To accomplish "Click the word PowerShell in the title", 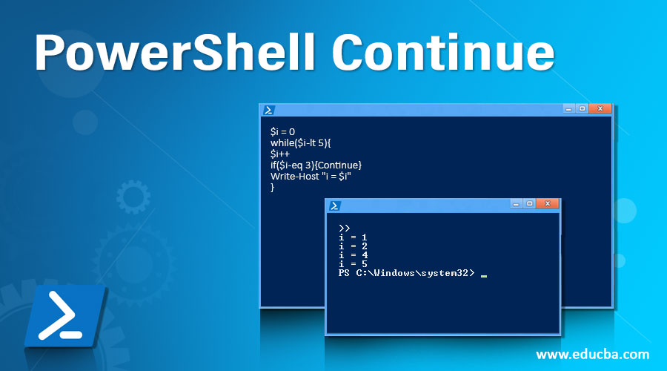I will [x=175, y=54].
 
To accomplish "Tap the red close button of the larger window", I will [x=600, y=108].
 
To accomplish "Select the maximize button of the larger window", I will [x=583, y=108].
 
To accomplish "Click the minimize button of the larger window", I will [x=569, y=108].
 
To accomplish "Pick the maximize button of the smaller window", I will [x=530, y=203].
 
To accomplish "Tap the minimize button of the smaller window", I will [x=516, y=203].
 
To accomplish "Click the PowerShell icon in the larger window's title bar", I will [x=268, y=110].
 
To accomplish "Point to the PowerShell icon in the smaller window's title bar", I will [x=335, y=206].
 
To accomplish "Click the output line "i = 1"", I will [x=353, y=237].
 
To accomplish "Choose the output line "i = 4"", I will [x=353, y=255].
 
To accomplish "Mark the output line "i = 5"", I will [x=353, y=264].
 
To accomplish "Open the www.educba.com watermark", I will [x=592, y=354].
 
